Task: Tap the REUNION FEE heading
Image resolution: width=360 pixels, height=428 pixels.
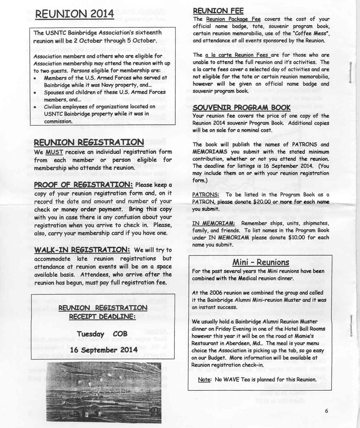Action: pos(218,11)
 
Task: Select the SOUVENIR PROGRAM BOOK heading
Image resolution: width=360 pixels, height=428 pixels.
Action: pos(241,107)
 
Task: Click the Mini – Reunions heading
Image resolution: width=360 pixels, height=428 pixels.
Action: pos(260,262)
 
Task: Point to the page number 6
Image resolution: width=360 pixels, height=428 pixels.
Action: pos(326,411)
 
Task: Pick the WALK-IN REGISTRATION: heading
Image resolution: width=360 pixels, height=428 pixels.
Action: pos(82,249)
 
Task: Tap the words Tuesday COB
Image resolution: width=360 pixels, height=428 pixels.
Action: pos(102,334)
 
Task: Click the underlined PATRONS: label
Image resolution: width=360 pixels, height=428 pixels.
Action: pos(205,195)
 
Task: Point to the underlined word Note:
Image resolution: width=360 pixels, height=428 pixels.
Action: pos(204,379)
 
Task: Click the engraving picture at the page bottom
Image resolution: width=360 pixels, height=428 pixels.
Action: pos(104,392)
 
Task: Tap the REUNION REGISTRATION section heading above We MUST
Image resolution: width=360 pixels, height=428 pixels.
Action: pos(89,142)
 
